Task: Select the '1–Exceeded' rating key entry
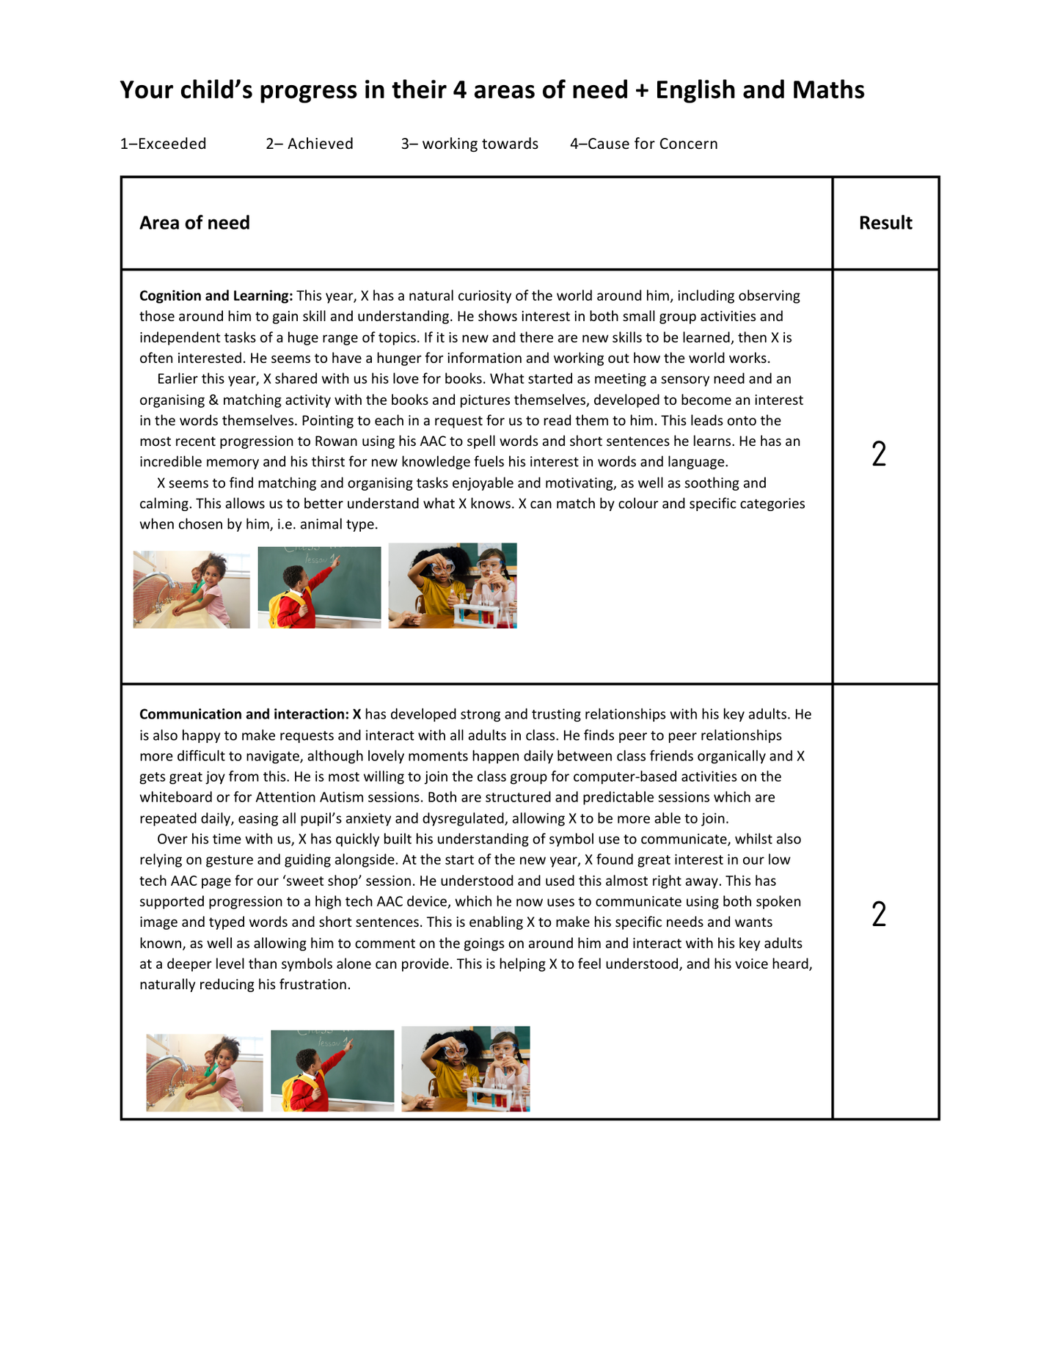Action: pos(163,144)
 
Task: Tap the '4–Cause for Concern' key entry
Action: pos(643,144)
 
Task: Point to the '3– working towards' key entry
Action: pos(469,144)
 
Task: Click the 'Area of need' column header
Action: pos(194,223)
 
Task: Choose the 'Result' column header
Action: pos(885,223)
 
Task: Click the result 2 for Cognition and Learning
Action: pos(879,454)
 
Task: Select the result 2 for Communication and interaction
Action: pos(879,914)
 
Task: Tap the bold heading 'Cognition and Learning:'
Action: pos(216,296)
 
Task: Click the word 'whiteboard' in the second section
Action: pos(175,797)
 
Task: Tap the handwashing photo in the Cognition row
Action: pos(191,590)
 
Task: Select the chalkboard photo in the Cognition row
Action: pos(319,587)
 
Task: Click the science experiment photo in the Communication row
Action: pos(465,1068)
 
